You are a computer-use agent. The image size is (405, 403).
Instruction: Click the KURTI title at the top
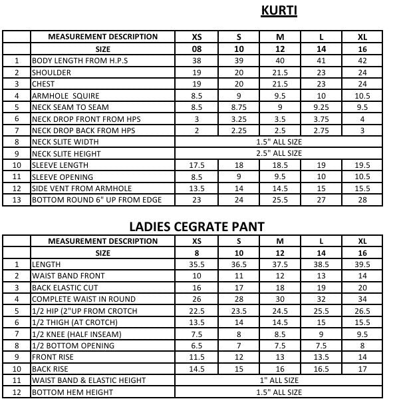pos(279,11)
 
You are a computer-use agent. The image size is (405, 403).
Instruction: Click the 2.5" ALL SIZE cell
pos(279,154)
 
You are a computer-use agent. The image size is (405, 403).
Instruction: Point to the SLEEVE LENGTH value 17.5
pos(196,165)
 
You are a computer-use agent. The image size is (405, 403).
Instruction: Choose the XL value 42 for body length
pos(362,61)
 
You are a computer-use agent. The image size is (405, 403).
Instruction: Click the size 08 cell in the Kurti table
pos(196,49)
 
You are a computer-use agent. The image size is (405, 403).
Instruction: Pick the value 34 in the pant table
pos(362,299)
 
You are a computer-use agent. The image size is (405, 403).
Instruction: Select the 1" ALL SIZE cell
pos(279,381)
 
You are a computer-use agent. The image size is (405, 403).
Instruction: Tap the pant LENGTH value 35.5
pos(196,264)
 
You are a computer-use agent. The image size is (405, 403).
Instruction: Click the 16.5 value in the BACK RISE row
pos(321,369)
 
